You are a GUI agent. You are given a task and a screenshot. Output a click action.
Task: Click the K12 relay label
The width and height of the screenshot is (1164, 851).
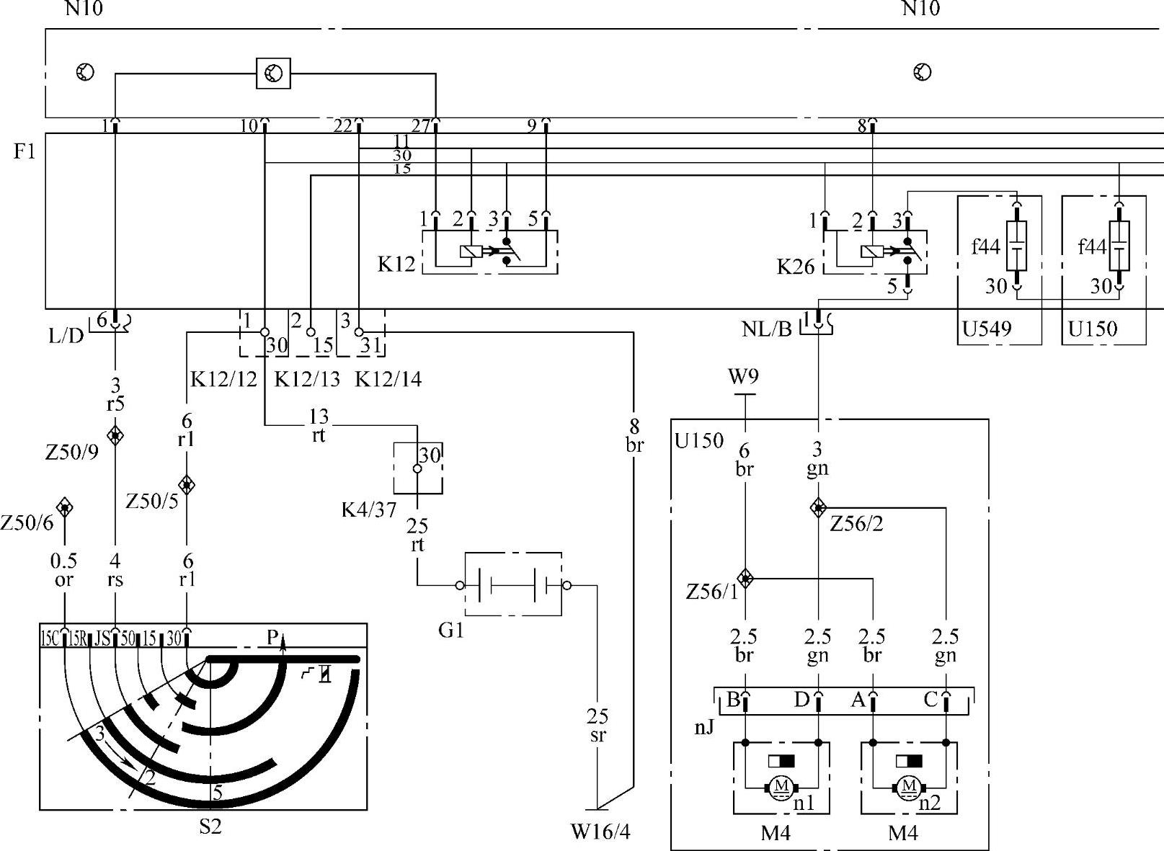[x=396, y=264]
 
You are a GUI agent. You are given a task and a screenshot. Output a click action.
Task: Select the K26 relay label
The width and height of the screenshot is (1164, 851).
[x=796, y=267]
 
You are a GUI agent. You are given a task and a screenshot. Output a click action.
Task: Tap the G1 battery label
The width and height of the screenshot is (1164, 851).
[x=450, y=631]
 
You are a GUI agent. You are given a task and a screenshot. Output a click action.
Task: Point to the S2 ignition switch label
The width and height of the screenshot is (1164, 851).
[x=210, y=826]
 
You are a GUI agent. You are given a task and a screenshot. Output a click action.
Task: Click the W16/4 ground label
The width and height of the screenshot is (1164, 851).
[x=600, y=832]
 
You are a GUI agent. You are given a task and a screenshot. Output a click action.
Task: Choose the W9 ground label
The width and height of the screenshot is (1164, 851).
[x=744, y=377]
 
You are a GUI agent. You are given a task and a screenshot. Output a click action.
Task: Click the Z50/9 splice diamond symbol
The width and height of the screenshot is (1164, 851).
[x=115, y=435]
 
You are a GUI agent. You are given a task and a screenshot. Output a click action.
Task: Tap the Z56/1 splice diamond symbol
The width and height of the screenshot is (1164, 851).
[x=746, y=578]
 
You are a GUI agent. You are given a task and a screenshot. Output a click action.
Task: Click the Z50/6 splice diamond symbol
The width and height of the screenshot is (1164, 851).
[x=64, y=507]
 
